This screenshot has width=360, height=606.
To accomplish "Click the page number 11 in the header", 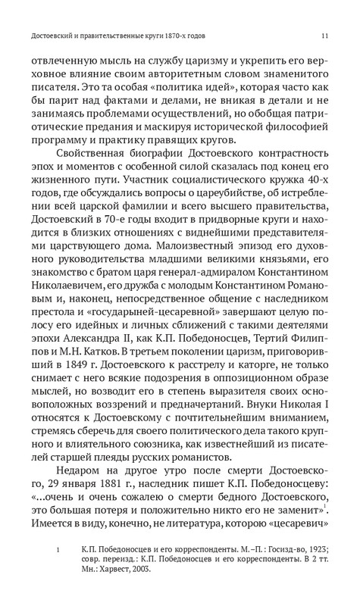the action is tap(324, 36).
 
